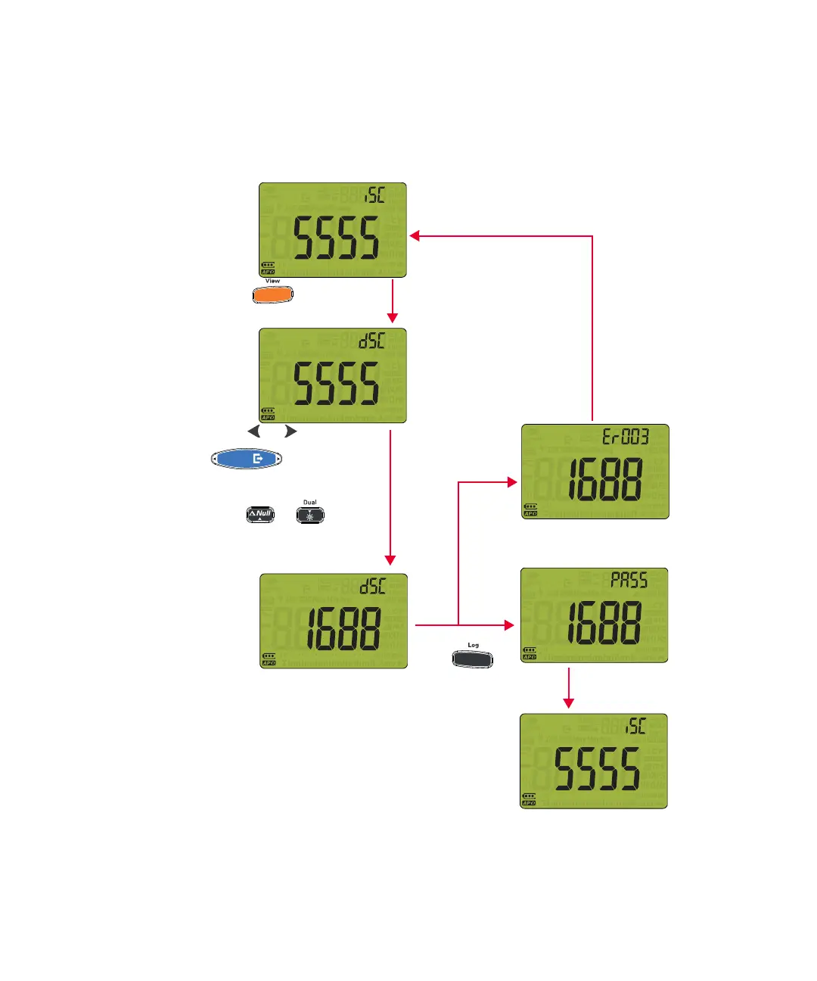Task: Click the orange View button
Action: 272,295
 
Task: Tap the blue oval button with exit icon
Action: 247,459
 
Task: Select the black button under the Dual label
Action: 310,515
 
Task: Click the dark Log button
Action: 472,659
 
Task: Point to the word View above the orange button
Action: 272,281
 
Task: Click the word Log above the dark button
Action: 473,645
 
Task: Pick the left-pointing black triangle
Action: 254,431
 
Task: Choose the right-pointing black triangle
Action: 290,431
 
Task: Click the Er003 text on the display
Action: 625,437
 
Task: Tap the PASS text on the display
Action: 629,581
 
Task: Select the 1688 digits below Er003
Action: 604,479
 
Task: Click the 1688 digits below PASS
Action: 604,623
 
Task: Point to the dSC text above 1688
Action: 372,586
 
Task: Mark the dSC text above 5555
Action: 372,341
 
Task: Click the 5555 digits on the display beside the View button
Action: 337,238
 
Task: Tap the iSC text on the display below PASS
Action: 635,727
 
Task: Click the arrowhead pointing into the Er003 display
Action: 512,481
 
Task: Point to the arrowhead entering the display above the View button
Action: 415,236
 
